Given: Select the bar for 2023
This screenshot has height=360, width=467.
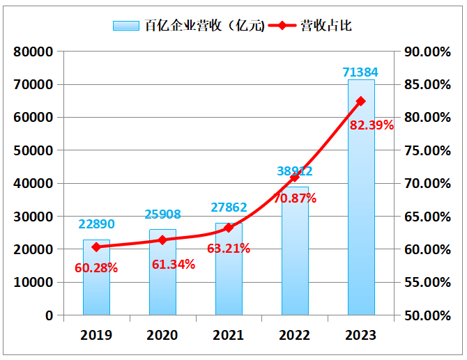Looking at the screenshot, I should click(x=361, y=209).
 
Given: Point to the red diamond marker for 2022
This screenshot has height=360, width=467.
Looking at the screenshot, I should click(x=295, y=178).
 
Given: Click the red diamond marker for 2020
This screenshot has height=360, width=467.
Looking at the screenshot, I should click(x=162, y=240).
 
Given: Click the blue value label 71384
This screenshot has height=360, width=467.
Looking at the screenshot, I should click(x=361, y=72).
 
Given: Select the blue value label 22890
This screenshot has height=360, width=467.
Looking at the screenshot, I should click(x=96, y=224).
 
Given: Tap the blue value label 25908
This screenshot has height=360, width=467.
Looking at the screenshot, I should click(x=162, y=214).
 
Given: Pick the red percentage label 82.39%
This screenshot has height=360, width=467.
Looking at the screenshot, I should click(x=372, y=125).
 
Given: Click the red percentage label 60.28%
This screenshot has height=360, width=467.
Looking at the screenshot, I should click(x=96, y=267).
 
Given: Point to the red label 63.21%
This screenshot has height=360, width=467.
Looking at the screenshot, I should click(x=229, y=248).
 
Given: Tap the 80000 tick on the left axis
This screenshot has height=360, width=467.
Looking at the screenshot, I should click(x=33, y=52).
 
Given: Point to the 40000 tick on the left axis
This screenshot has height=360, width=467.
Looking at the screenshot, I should click(x=33, y=183).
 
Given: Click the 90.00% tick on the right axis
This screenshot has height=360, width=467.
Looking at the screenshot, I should click(x=427, y=52).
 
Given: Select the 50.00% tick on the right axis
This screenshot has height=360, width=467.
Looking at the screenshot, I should click(x=427, y=315).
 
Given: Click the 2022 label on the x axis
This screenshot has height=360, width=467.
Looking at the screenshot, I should click(x=295, y=336).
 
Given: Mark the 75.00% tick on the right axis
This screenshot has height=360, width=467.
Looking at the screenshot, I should click(x=427, y=150).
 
